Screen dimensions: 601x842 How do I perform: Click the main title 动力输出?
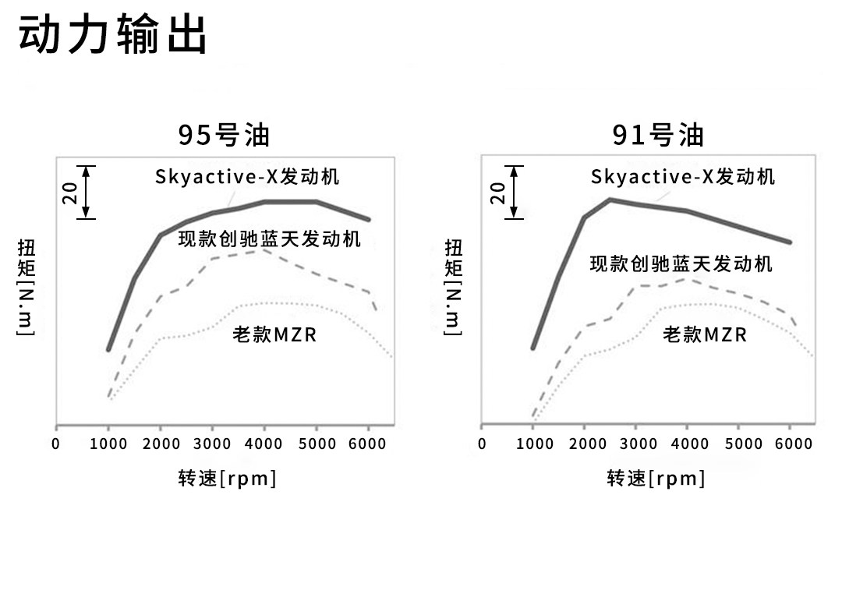pyautogui.click(x=113, y=35)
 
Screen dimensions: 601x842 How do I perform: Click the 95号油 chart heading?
pyautogui.click(x=224, y=135)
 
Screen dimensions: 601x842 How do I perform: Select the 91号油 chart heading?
pyautogui.click(x=659, y=135)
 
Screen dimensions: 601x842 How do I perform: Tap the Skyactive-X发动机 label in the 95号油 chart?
pyautogui.click(x=247, y=176)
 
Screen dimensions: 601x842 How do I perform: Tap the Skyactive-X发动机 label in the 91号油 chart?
pyautogui.click(x=683, y=176)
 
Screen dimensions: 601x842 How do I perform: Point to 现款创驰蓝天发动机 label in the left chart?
pyautogui.click(x=270, y=239)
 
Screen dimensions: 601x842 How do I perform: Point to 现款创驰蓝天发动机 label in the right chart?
pyautogui.click(x=681, y=263)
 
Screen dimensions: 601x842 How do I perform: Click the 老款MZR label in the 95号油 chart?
pyautogui.click(x=274, y=335)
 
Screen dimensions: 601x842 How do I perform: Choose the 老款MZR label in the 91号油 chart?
pyautogui.click(x=705, y=335)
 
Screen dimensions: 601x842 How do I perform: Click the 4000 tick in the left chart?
pyautogui.click(x=264, y=444)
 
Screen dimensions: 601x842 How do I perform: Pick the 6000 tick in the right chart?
pyautogui.click(x=794, y=444)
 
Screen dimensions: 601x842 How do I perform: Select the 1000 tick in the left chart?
pyautogui.click(x=108, y=444)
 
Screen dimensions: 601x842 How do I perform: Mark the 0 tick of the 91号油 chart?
pyautogui.click(x=482, y=444)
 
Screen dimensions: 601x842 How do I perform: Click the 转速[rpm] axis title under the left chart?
pyautogui.click(x=227, y=478)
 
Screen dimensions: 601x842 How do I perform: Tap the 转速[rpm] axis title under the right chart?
pyautogui.click(x=656, y=478)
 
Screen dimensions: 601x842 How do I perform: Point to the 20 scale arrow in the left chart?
pyautogui.click(x=87, y=192)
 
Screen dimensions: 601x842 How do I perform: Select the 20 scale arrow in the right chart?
pyautogui.click(x=514, y=192)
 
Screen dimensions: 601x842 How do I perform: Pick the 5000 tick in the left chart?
pyautogui.click(x=317, y=444)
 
